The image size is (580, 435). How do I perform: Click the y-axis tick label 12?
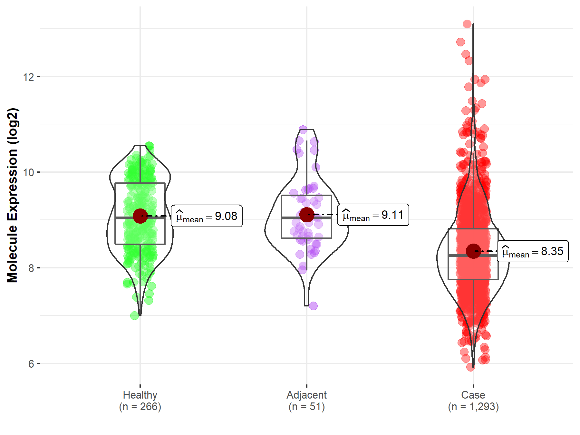click(28, 77)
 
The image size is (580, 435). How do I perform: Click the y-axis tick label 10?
click(28, 172)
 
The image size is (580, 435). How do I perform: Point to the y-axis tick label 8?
click(31, 268)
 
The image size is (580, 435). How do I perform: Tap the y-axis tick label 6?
click(31, 364)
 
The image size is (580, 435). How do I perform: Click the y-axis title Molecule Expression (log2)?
click(12, 195)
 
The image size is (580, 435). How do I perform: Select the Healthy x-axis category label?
click(140, 395)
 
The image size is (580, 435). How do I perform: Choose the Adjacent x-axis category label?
click(306, 395)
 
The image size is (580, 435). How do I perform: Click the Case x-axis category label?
click(473, 395)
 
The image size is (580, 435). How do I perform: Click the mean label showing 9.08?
click(207, 216)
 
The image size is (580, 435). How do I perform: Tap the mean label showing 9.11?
click(373, 215)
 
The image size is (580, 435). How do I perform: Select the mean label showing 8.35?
click(533, 251)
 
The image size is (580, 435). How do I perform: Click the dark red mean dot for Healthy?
click(140, 216)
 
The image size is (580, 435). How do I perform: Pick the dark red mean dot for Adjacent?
click(307, 215)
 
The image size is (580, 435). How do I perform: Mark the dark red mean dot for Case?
click(473, 251)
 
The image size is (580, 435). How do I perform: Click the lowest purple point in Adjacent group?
click(313, 306)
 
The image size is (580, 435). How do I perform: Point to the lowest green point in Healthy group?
click(135, 315)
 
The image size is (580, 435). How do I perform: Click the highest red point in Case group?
click(467, 24)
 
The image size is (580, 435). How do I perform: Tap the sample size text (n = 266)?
click(140, 407)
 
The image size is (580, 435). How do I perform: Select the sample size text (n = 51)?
click(306, 407)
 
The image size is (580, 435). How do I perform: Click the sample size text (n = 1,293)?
click(473, 407)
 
